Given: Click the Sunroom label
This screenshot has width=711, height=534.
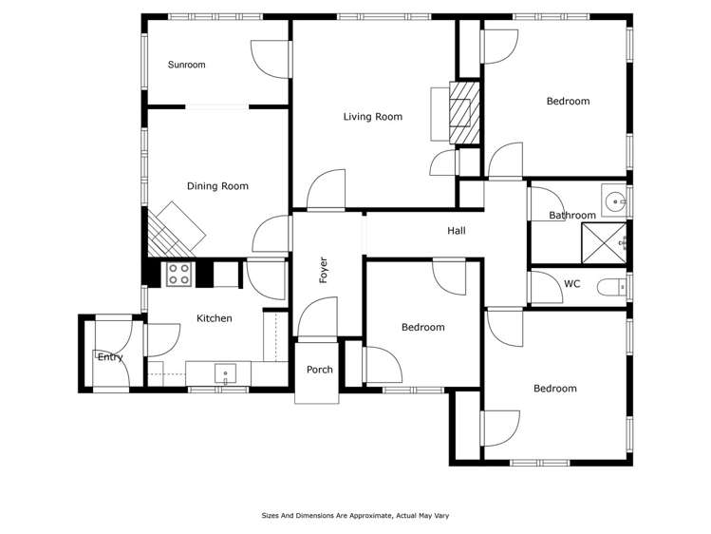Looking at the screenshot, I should point(186,65).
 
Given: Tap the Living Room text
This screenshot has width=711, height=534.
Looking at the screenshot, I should point(372,117).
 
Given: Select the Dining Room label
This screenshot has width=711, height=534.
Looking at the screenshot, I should point(217,186).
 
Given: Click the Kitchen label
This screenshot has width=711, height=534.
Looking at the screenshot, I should point(214,318).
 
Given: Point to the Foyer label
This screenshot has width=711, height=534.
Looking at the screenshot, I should point(324,270).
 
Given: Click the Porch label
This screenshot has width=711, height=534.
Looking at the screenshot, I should point(320,370).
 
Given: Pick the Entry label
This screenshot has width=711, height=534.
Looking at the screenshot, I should point(110,357).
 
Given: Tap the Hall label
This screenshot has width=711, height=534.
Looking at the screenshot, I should point(457,231).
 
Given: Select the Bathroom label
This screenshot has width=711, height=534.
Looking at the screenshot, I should point(572,216).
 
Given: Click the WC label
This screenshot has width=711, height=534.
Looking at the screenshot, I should point(571,283).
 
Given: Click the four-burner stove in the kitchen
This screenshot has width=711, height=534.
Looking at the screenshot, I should point(179,274).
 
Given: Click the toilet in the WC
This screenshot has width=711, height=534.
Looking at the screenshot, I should point(609,285).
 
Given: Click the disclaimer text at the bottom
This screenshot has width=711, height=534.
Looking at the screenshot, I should point(355,516).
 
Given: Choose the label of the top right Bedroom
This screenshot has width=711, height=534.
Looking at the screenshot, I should point(568,101).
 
